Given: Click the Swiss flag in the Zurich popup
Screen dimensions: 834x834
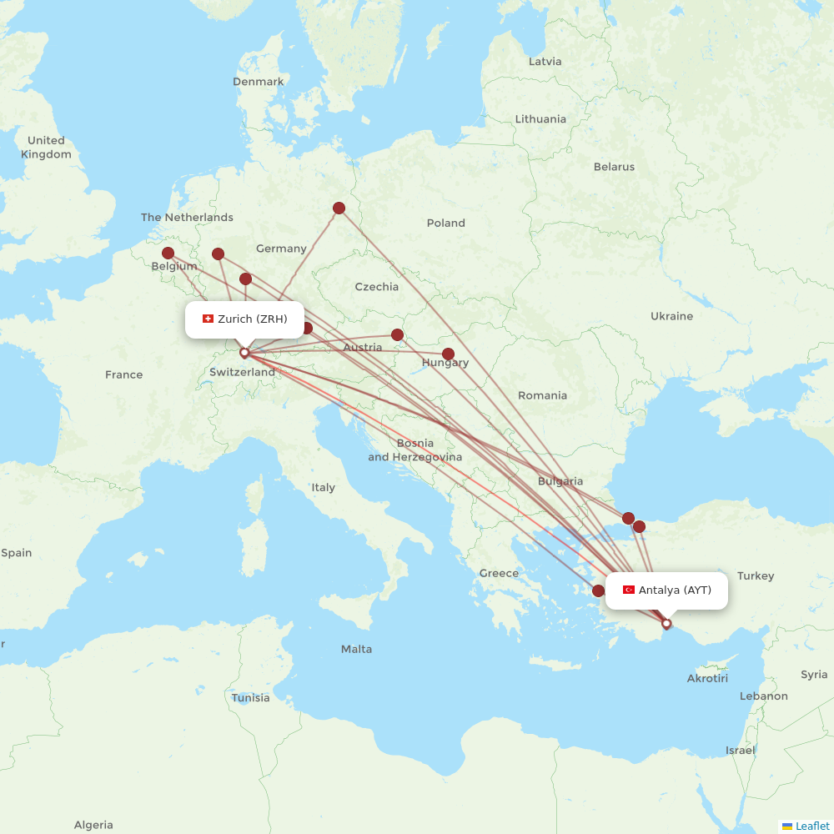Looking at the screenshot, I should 208,319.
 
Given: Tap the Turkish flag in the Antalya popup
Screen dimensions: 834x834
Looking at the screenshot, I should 629,590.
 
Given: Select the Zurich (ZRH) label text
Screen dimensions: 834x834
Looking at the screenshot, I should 252,319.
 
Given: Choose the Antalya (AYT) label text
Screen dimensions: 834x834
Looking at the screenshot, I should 675,590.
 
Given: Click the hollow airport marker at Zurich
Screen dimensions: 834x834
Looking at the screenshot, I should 244,353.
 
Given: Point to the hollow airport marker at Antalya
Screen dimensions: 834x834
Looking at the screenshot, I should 666,623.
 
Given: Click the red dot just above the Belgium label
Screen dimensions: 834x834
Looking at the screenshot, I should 168,253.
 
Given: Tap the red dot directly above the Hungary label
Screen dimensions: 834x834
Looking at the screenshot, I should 449,354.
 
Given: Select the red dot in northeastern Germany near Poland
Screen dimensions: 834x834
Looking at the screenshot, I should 339,208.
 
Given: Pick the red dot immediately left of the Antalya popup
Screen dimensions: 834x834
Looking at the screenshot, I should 598,590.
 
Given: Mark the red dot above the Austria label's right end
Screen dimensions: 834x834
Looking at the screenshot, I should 398,335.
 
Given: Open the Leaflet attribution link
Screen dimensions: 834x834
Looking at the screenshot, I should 811,826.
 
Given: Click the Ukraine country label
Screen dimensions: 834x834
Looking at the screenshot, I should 671,316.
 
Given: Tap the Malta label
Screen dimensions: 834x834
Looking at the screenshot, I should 356,649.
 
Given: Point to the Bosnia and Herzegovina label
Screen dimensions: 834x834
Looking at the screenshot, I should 414,450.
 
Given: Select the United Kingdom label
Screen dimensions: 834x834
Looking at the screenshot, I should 46,147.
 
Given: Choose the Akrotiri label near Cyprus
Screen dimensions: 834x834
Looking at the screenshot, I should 707,678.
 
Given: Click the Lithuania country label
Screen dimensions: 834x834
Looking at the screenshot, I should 540,119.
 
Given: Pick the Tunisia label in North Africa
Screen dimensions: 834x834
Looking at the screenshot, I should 250,697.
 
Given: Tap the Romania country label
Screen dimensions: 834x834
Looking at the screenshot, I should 542,395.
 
